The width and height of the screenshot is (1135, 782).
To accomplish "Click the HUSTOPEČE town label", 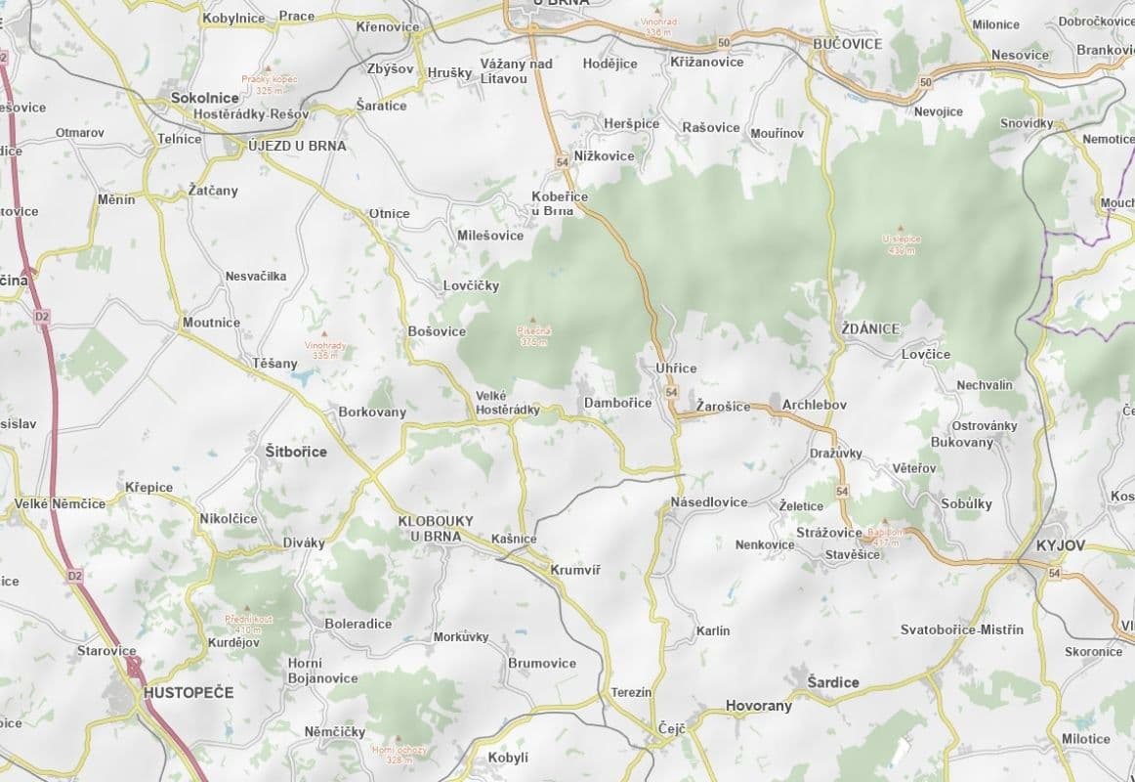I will click(x=188, y=692).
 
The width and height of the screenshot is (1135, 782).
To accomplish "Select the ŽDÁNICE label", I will click(x=869, y=329).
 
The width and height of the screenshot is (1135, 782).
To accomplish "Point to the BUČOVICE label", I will click(x=847, y=44).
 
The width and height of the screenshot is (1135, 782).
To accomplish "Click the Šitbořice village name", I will click(x=296, y=452).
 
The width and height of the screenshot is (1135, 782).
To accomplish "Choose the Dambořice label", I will click(x=617, y=403).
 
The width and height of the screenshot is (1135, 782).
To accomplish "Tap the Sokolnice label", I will click(x=204, y=98).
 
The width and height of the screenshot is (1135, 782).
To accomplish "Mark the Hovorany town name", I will click(x=758, y=706).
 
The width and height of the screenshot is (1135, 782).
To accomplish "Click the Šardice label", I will click(x=832, y=681).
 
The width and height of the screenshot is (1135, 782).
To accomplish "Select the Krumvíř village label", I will click(x=574, y=570).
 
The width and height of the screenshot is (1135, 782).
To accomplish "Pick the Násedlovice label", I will click(x=709, y=501).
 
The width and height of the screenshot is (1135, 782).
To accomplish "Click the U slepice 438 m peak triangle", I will click(x=900, y=227).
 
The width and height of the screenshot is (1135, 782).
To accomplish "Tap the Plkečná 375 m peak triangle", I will click(x=533, y=320).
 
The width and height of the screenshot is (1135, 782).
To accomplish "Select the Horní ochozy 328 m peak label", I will click(x=399, y=754).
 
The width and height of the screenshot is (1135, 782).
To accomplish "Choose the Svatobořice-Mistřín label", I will click(x=961, y=630).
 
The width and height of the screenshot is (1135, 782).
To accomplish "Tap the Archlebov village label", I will click(x=814, y=405).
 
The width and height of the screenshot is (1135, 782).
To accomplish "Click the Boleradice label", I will click(x=357, y=624).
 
